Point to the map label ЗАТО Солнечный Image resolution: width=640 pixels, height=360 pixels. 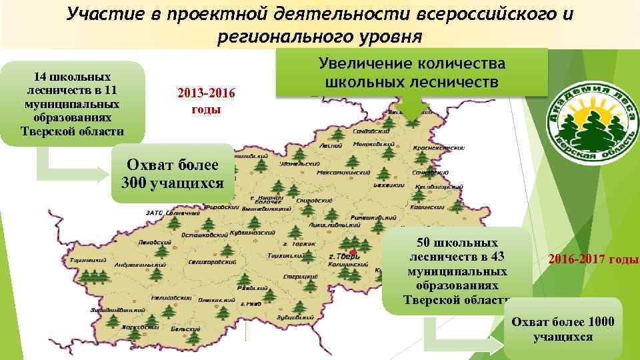click(159, 213)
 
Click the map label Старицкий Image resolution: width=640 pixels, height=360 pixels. click(295, 275)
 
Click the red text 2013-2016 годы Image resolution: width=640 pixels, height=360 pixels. click(206, 101)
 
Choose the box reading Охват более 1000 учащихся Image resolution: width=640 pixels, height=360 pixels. click(563, 329)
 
